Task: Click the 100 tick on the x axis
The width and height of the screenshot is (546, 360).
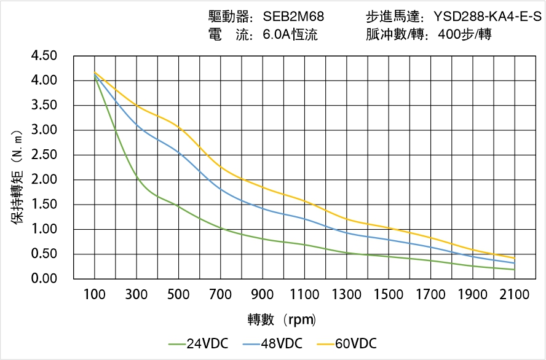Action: (95, 295)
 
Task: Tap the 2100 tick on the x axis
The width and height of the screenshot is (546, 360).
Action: (515, 295)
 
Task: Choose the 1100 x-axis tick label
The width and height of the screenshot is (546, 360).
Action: (304, 295)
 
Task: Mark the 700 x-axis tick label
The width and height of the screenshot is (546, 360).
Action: (221, 295)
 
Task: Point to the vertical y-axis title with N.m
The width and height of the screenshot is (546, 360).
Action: (17, 176)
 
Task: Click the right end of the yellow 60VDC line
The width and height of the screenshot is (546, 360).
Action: (514, 258)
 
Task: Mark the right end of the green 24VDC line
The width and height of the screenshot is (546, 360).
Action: (514, 270)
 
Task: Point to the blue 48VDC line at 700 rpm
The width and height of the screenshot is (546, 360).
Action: (221, 189)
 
